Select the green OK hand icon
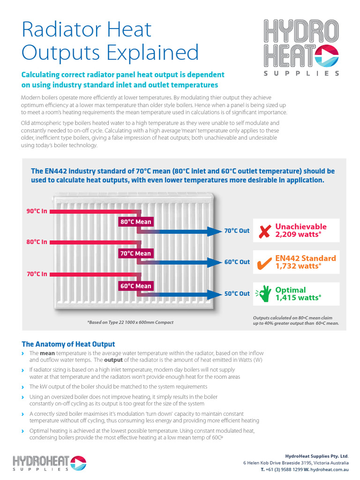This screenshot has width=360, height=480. (263, 294)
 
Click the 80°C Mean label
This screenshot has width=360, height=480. (136, 222)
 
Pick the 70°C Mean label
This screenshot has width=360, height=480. (136, 254)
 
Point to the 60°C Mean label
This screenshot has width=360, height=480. (136, 286)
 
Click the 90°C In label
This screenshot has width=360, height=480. (37, 211)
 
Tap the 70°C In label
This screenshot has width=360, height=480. (37, 274)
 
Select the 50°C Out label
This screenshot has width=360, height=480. (237, 294)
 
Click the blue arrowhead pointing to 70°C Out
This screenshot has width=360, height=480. (215, 231)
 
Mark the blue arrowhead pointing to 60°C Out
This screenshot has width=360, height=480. (215, 262)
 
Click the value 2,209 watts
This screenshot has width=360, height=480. (298, 234)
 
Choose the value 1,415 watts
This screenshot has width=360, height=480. (298, 298)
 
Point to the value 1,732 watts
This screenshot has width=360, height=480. (298, 266)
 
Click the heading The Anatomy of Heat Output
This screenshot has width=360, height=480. (68, 344)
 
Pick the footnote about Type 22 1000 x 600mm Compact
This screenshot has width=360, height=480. (130, 322)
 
